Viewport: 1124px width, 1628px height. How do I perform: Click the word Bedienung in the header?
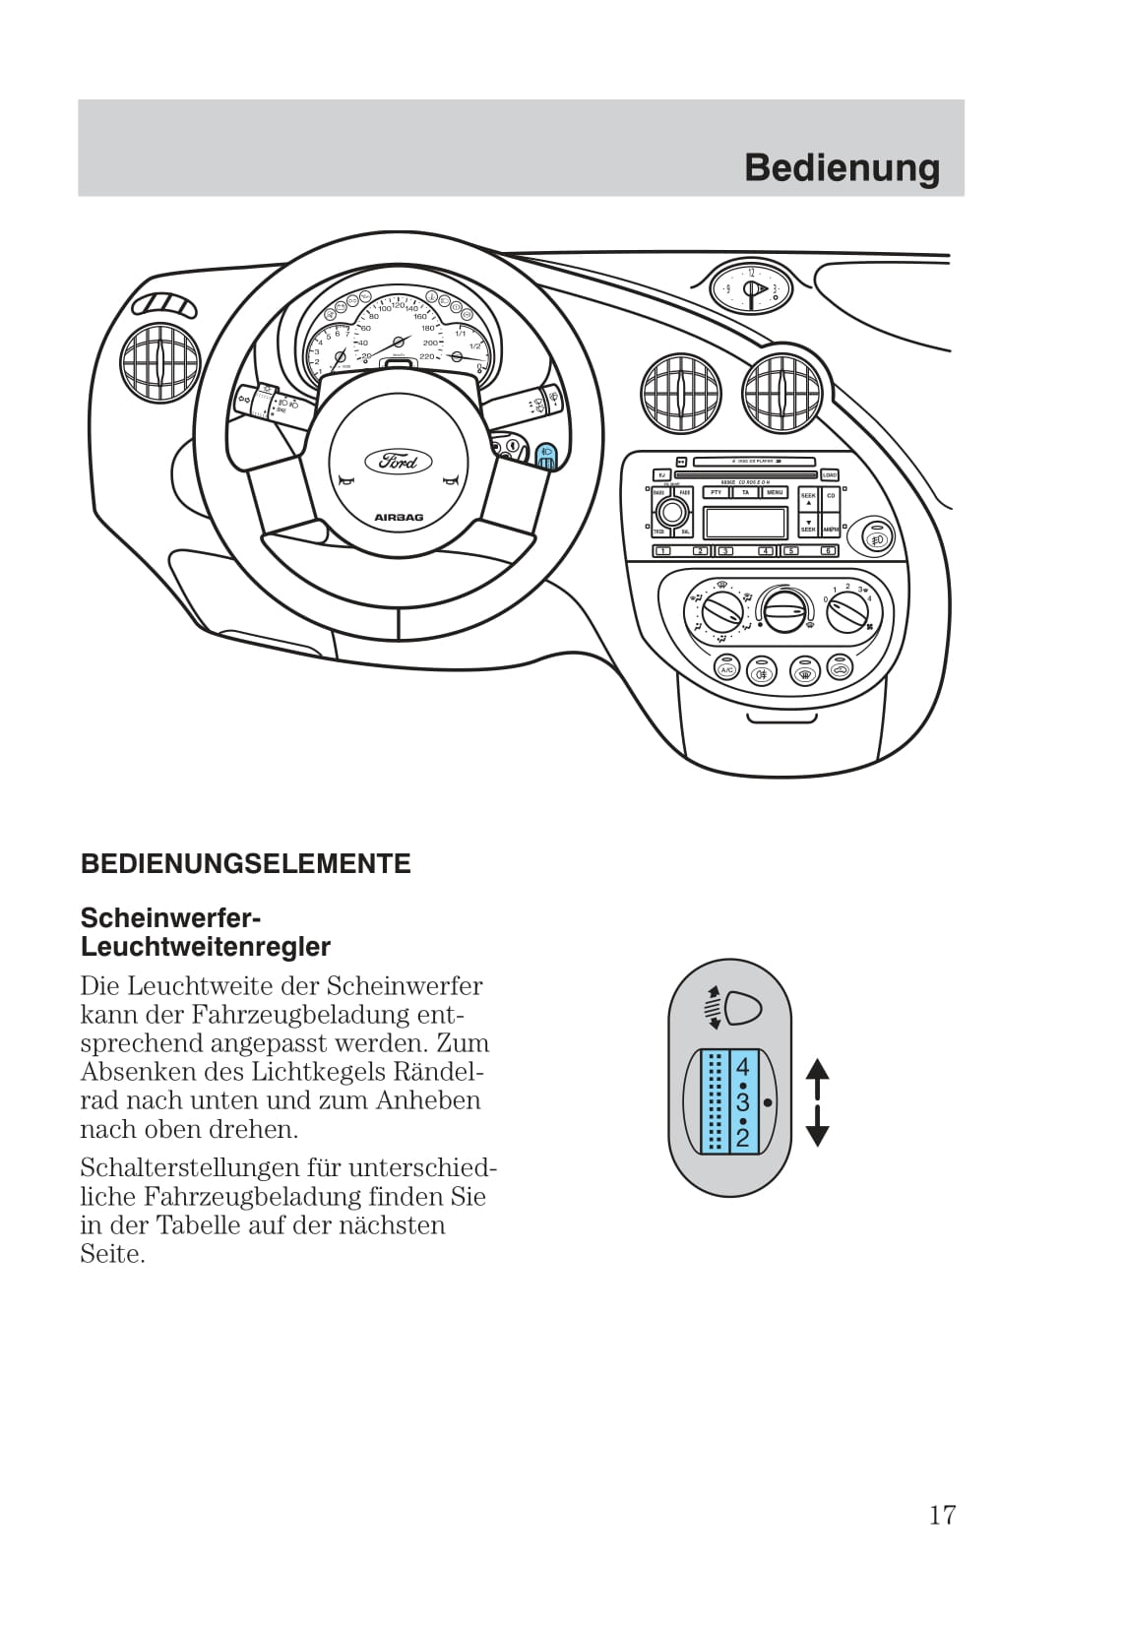point(842,167)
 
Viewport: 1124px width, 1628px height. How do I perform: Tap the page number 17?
point(942,1514)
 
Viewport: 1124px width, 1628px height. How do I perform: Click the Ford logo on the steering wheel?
point(399,461)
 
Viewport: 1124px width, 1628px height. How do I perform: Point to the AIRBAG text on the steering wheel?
point(398,517)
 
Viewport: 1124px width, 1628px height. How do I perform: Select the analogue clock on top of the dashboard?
point(751,287)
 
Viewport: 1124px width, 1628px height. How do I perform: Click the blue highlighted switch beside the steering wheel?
point(546,457)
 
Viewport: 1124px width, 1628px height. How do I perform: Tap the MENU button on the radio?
point(775,492)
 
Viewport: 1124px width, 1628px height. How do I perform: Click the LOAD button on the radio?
point(830,474)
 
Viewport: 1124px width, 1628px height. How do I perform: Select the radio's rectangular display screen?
point(746,523)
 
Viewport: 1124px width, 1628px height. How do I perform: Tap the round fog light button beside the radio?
point(877,538)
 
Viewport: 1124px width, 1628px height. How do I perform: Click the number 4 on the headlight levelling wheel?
point(742,1067)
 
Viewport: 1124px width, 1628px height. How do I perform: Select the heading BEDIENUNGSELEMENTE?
point(245,864)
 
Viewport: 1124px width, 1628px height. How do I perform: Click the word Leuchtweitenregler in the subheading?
point(205,947)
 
